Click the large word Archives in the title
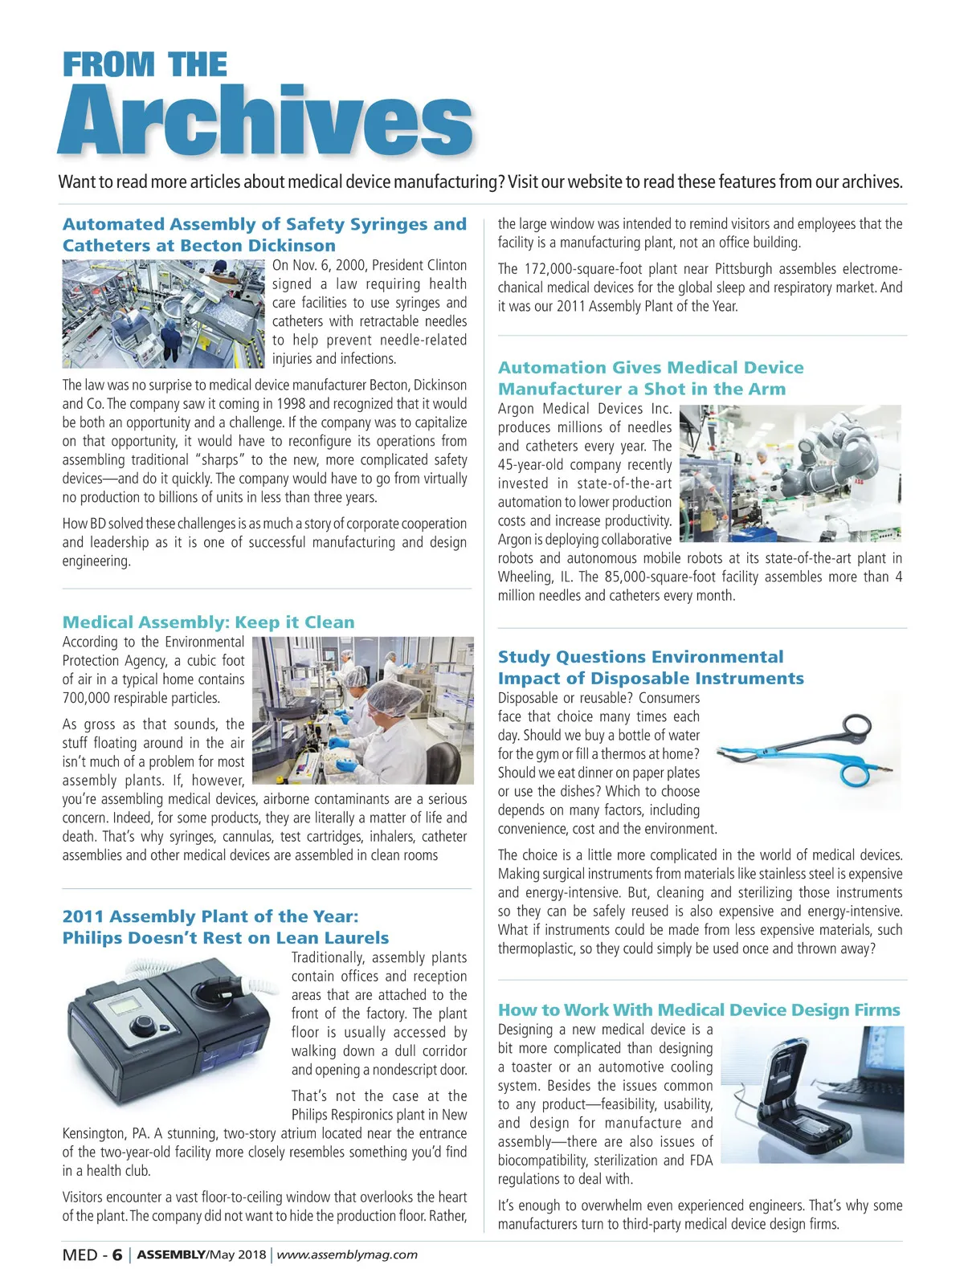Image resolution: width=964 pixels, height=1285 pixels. coord(265,120)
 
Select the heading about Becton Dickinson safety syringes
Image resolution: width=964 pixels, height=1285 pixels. coord(264,235)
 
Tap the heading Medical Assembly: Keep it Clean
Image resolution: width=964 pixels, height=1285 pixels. coord(208,622)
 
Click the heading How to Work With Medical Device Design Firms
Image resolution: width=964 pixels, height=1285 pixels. coord(699,1010)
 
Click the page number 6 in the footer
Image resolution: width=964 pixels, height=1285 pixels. coord(117,1255)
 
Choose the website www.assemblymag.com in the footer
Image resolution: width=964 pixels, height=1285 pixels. coord(347,1254)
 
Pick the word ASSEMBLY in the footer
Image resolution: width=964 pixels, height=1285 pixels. coord(171,1255)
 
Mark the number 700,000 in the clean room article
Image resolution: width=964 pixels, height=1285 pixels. coord(88,698)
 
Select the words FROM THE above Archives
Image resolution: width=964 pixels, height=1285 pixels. coord(145,65)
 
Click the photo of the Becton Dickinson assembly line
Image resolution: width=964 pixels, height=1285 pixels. coord(164,313)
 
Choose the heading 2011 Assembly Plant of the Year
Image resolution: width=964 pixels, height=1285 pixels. coord(210,917)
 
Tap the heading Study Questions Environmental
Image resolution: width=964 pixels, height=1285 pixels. coord(640,657)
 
